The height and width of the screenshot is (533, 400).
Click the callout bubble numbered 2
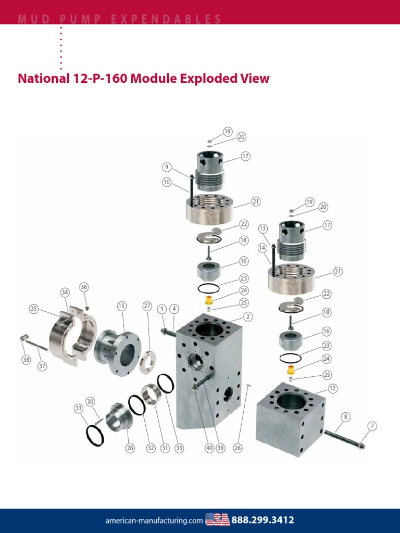pos(248,316)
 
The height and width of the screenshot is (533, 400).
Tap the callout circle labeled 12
pos(333,388)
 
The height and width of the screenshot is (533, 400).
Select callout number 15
pos(121,306)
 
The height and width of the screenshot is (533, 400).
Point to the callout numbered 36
pos(84,287)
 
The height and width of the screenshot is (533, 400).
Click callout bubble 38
pos(26,359)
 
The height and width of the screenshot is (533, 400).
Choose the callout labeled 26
pos(238,448)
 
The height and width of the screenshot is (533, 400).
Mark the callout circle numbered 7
pos(372,426)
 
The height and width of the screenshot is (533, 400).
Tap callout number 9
pos(167,167)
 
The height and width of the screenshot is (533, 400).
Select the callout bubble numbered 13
pos(262,229)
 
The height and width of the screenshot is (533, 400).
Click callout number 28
pos(130,448)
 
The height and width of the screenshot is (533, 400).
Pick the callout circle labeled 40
pos(209,448)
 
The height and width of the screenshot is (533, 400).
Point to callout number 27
pos(147,306)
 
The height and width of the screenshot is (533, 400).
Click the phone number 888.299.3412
pos(262,519)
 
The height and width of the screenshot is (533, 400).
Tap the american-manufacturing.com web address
pos(154,520)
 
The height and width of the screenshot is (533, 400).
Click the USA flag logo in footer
pos(217,519)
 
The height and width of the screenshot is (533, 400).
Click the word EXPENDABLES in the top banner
pos(177,19)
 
